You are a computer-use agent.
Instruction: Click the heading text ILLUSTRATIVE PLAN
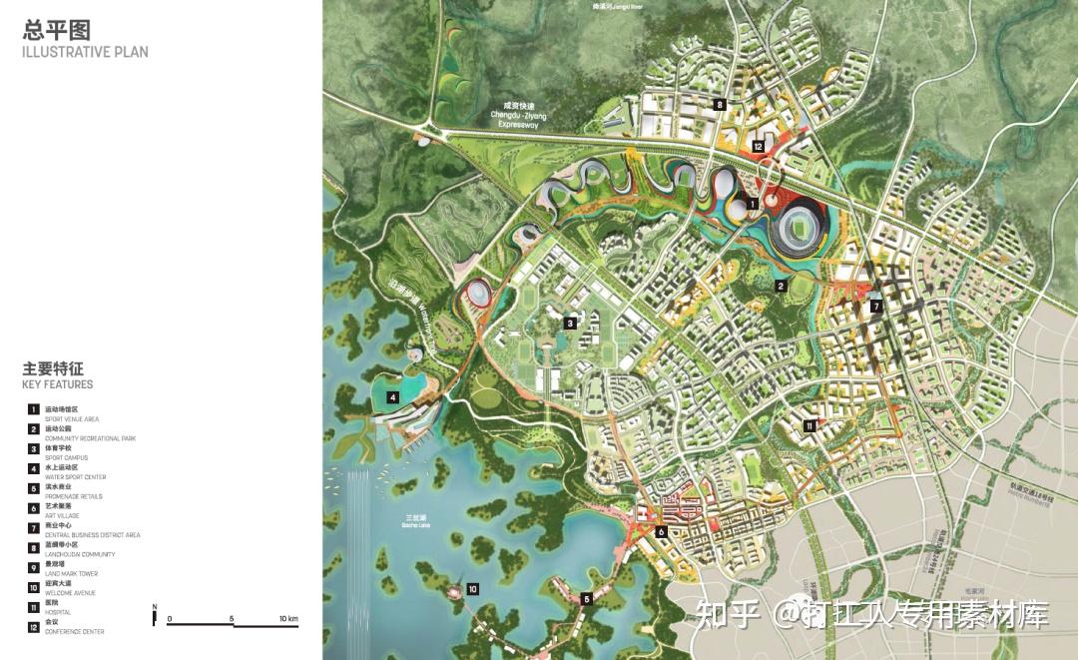point(85,52)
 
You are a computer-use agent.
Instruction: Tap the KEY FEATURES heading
point(57,384)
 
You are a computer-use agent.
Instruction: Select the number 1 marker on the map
point(753,204)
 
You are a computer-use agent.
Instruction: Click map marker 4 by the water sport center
point(393,397)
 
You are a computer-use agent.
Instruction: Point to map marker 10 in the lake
point(472,589)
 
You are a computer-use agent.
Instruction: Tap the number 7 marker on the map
point(875,306)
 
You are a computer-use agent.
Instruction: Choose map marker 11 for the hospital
point(809,425)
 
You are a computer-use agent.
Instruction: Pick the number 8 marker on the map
point(719,104)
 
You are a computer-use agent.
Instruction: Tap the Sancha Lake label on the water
point(416,520)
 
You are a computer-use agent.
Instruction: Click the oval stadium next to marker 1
point(800,227)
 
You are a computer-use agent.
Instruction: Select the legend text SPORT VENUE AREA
point(71,419)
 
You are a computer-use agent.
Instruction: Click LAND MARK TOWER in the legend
point(70,574)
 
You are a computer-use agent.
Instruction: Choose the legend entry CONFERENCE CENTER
point(74,632)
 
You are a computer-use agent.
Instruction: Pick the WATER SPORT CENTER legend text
point(76,477)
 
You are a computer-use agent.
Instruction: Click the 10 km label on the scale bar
point(288,620)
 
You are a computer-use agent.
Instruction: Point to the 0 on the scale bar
point(170,620)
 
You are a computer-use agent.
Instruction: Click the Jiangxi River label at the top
point(615,6)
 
